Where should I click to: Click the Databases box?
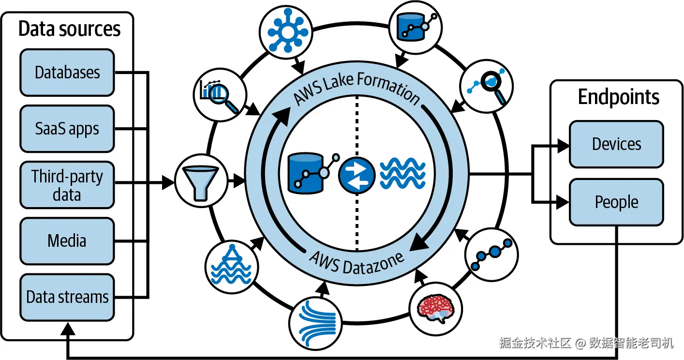[67, 73]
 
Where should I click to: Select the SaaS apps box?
[67, 129]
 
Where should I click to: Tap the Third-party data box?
[67, 185]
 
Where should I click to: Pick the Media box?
[67, 240]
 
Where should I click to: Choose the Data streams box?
[67, 297]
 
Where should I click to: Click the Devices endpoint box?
[616, 144]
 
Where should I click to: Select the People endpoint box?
[616, 202]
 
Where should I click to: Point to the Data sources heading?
[69, 29]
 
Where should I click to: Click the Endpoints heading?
[618, 97]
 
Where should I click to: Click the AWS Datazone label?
[357, 262]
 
